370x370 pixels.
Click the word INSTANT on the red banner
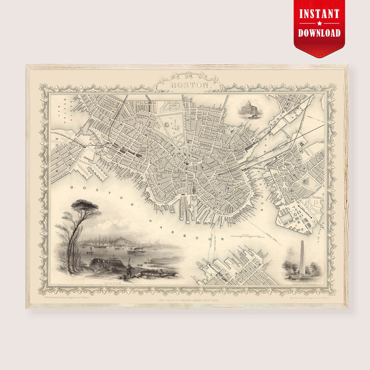point(319,14)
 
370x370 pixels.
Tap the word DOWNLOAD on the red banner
point(319,33)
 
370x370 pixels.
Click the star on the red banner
point(319,23)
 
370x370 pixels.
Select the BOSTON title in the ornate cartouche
point(189,85)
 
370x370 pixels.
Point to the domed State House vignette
point(249,109)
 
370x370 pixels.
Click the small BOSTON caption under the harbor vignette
point(113,283)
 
